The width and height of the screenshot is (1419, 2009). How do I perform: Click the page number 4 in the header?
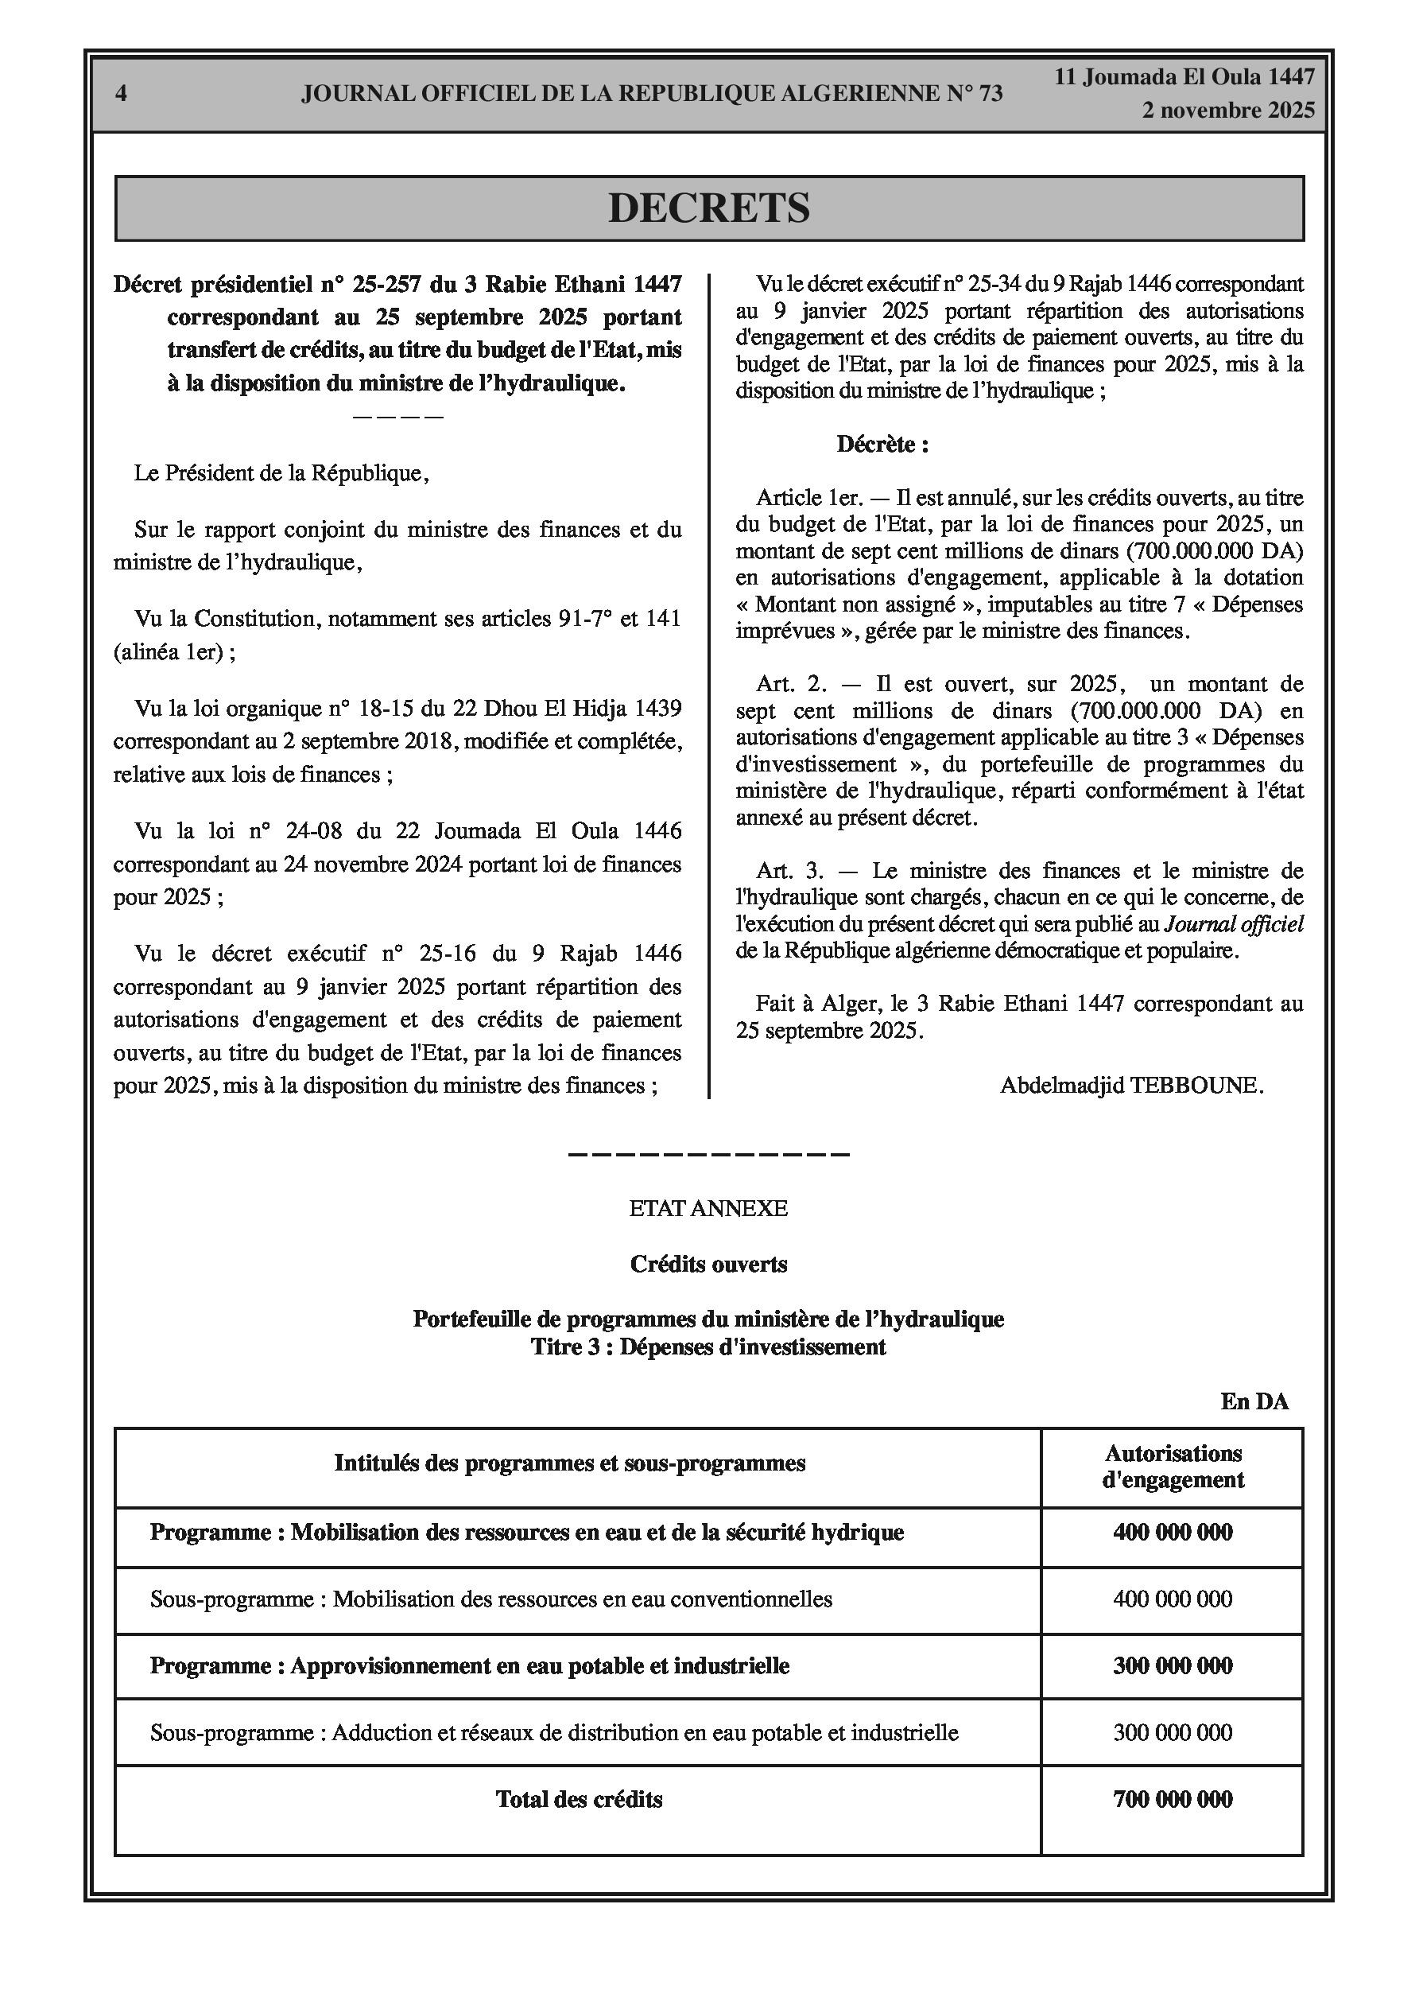click(x=121, y=94)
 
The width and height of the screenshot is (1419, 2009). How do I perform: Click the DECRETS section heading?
click(x=708, y=208)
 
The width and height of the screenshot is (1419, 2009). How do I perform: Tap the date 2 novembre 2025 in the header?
click(x=1227, y=111)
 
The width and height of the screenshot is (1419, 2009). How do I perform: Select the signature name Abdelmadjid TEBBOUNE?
click(x=1131, y=1086)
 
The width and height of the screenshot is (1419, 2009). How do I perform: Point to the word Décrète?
click(x=882, y=445)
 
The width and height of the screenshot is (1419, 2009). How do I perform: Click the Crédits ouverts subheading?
click(x=708, y=1265)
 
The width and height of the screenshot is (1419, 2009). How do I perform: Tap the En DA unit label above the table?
click(x=1254, y=1401)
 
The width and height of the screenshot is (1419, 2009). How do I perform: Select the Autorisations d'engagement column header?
click(x=1173, y=1467)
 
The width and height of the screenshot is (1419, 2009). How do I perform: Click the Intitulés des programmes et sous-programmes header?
click(x=569, y=1463)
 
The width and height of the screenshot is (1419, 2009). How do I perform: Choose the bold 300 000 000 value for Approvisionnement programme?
click(x=1173, y=1665)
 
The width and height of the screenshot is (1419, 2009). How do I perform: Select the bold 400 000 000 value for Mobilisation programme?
click(x=1173, y=1532)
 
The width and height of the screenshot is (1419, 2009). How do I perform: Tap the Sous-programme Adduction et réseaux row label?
click(x=554, y=1732)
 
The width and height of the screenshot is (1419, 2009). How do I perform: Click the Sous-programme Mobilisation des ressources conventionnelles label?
click(x=490, y=1599)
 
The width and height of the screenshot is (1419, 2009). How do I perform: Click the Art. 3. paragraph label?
click(x=790, y=871)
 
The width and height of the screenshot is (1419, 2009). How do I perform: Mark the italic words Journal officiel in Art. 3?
click(x=1234, y=924)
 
